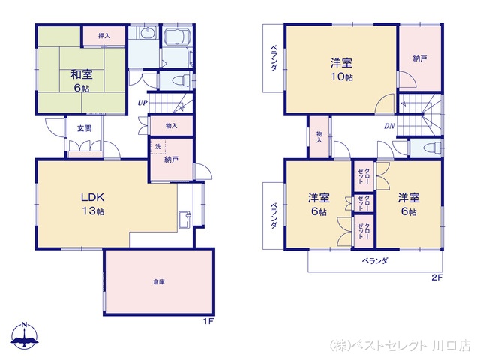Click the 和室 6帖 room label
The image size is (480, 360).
82,79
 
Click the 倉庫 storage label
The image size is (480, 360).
159,281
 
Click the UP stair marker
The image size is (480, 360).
142,103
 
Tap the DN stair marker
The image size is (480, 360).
390,126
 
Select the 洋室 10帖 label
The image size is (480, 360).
342,69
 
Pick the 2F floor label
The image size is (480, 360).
436,278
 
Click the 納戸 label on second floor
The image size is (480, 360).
420,58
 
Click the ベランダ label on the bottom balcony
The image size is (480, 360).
375,261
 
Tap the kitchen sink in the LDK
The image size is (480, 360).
184,220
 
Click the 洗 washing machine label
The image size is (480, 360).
157,147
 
